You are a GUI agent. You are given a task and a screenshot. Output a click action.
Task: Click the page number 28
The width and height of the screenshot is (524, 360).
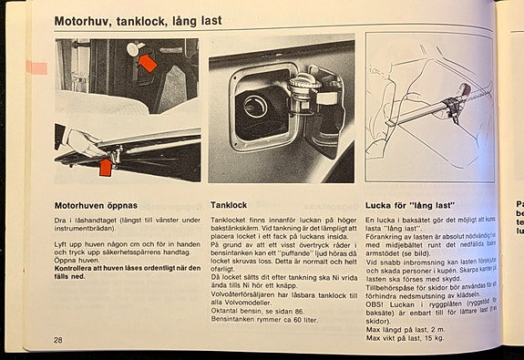58,339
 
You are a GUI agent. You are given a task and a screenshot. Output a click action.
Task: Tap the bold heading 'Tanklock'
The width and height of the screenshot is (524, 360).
229,205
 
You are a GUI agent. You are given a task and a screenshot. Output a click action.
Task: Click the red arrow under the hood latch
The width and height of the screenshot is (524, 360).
106,167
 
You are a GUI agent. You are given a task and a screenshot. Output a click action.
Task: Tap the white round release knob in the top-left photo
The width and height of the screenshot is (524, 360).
133,48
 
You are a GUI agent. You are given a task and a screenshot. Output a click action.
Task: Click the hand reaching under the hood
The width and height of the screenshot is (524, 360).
77,141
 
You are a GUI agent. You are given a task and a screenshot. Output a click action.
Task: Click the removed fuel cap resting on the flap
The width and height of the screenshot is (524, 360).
303,89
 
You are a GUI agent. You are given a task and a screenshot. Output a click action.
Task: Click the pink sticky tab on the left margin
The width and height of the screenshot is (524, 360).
36,67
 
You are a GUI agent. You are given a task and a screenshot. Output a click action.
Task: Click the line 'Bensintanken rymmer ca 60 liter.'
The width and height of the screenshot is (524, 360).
264,320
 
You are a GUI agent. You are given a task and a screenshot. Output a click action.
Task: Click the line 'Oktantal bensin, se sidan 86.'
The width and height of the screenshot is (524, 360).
259,311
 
